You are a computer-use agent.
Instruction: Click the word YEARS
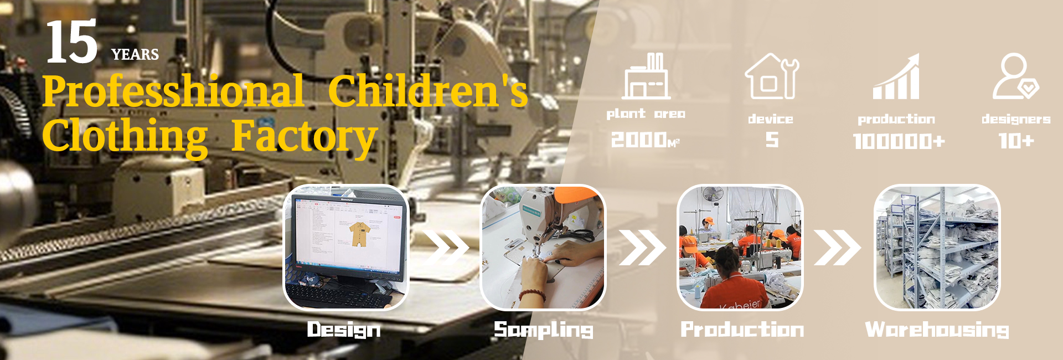pyautogui.click(x=135, y=54)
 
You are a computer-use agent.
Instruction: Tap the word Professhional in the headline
pyautogui.click(x=173, y=91)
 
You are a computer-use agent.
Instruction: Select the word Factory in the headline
pyautogui.click(x=304, y=136)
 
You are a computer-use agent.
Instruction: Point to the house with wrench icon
pyautogui.click(x=772, y=76)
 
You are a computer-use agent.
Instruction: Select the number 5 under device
pyautogui.click(x=772, y=140)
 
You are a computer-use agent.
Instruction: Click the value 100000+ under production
pyautogui.click(x=899, y=141)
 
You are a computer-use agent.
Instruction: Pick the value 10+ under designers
pyautogui.click(x=1016, y=141)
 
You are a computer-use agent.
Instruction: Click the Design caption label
pyautogui.click(x=344, y=330)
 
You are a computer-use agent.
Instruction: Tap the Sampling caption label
pyautogui.click(x=544, y=330)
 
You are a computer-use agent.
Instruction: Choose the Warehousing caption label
pyautogui.click(x=937, y=330)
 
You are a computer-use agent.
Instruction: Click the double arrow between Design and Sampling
pyautogui.click(x=446, y=246)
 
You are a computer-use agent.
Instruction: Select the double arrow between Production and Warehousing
pyautogui.click(x=837, y=247)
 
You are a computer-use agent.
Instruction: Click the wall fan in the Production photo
pyautogui.click(x=712, y=195)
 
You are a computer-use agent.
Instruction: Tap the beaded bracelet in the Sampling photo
pyautogui.click(x=531, y=295)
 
